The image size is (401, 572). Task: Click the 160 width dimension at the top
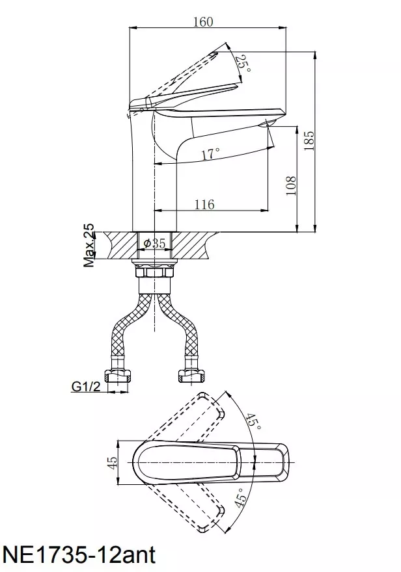(x=203, y=21)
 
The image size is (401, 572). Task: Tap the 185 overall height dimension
(x=309, y=140)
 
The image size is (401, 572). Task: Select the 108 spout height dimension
(x=291, y=185)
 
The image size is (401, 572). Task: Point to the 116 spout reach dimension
(x=204, y=204)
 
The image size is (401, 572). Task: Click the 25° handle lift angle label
(x=243, y=64)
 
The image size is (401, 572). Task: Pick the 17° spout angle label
(x=211, y=153)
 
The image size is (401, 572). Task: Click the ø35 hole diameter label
(x=155, y=243)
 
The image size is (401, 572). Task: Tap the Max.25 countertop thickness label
(x=89, y=245)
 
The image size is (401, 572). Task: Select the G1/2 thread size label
(x=86, y=386)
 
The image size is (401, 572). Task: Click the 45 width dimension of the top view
(x=113, y=462)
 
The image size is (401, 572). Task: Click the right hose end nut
(x=190, y=376)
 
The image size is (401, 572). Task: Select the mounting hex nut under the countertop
(x=154, y=272)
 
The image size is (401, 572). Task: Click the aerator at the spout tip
(x=266, y=123)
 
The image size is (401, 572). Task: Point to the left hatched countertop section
(x=120, y=246)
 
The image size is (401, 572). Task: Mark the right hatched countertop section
(x=193, y=246)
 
